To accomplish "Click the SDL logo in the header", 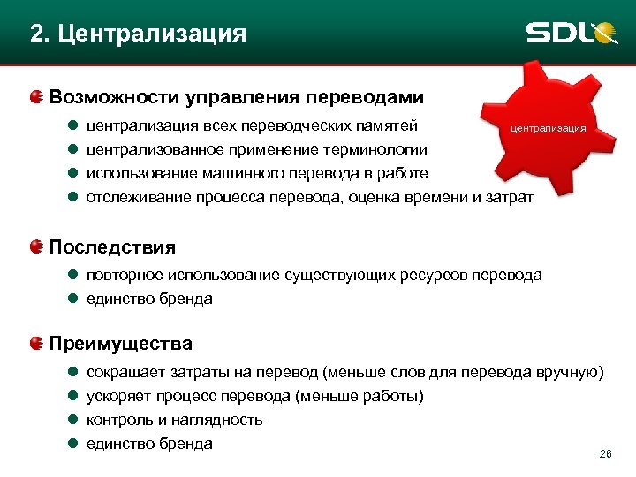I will click(x=571, y=33).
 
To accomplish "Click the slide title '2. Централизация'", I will click(x=137, y=34).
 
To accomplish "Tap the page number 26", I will click(x=605, y=454).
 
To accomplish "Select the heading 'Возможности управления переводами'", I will click(x=237, y=96).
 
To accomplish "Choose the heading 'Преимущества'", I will click(x=121, y=343).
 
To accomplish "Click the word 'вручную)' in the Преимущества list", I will click(x=570, y=372).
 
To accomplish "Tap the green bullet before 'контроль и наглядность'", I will click(x=74, y=420).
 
